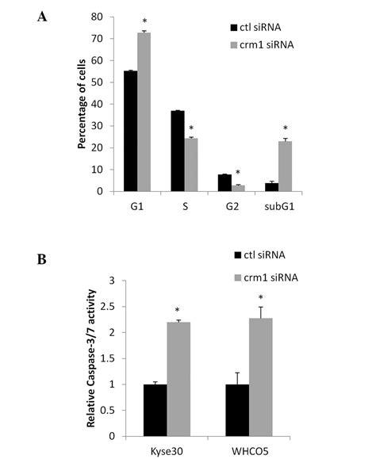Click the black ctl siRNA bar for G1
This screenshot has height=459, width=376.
(130, 131)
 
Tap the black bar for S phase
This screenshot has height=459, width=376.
(178, 151)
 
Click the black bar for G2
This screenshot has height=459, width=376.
(224, 182)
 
